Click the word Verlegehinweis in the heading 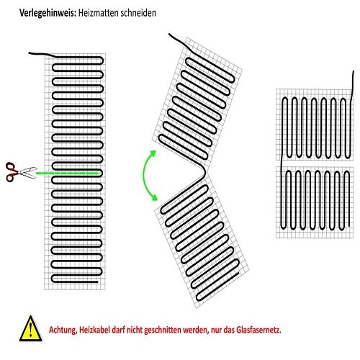pyautogui.click(x=48, y=13)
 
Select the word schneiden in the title pyautogui.click(x=138, y=13)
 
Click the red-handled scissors pyautogui.click(x=21, y=171)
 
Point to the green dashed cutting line pyautogui.click(x=67, y=173)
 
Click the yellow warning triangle pyautogui.click(x=31, y=328)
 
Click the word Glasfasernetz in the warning pyautogui.click(x=258, y=330)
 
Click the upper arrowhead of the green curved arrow pyautogui.click(x=153, y=153)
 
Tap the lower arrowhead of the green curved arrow pyautogui.click(x=154, y=198)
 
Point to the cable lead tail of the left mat pyautogui.click(x=42, y=54)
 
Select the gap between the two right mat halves pyautogui.click(x=315, y=163)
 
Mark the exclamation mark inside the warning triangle pyautogui.click(x=30, y=330)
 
